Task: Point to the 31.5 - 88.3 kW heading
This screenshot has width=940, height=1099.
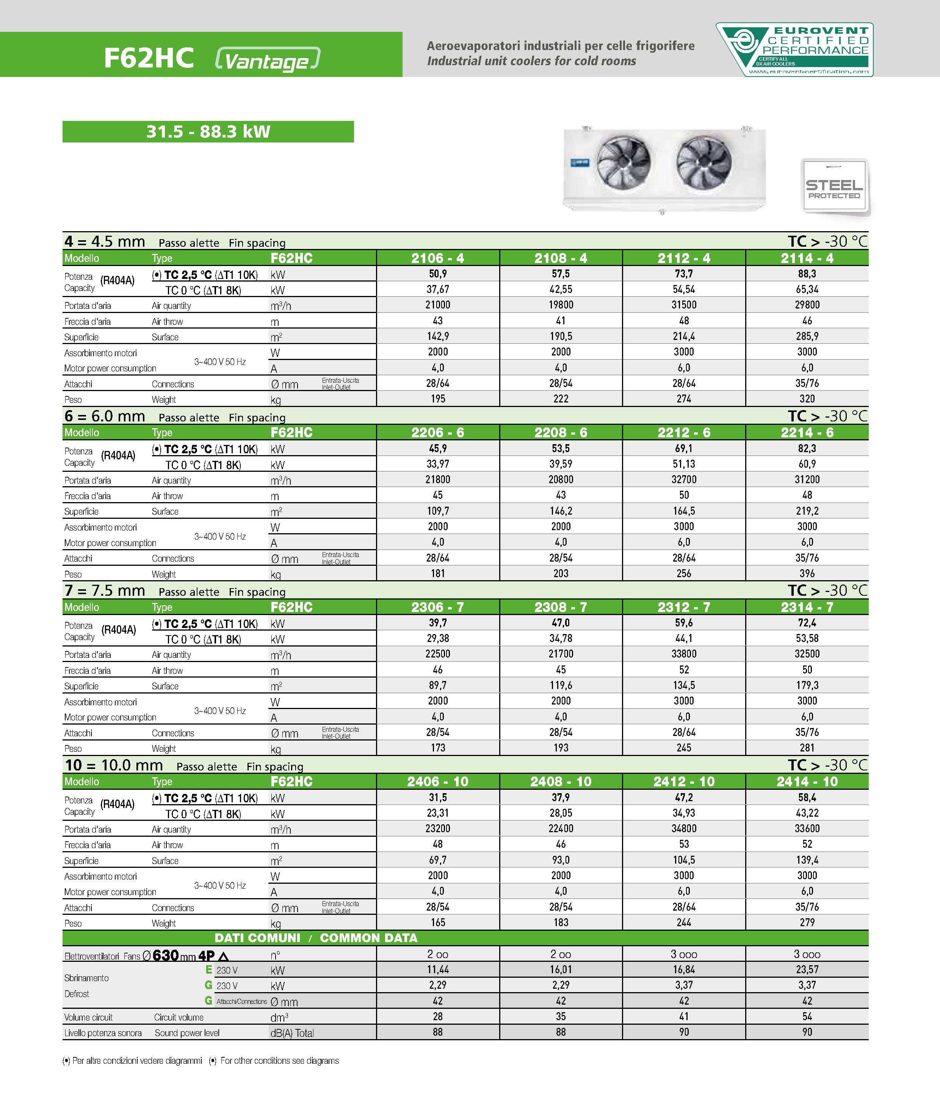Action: pos(208,132)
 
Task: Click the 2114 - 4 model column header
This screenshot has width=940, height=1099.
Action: pos(807,258)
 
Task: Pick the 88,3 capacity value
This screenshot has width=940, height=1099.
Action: pos(807,274)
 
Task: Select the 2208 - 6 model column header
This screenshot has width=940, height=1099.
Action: pos(561,433)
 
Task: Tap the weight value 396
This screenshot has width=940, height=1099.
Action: pos(807,573)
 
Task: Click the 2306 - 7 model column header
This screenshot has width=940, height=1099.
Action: pos(438,607)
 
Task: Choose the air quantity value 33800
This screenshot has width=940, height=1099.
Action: pos(684,654)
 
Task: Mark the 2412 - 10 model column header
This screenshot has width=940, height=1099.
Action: pos(684,782)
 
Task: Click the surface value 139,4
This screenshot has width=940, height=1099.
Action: pos(807,860)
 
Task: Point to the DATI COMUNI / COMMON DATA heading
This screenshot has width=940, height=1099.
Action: pos(316,938)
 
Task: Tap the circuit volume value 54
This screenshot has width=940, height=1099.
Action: pos(807,1016)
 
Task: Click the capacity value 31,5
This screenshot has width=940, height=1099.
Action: pos(438,798)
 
